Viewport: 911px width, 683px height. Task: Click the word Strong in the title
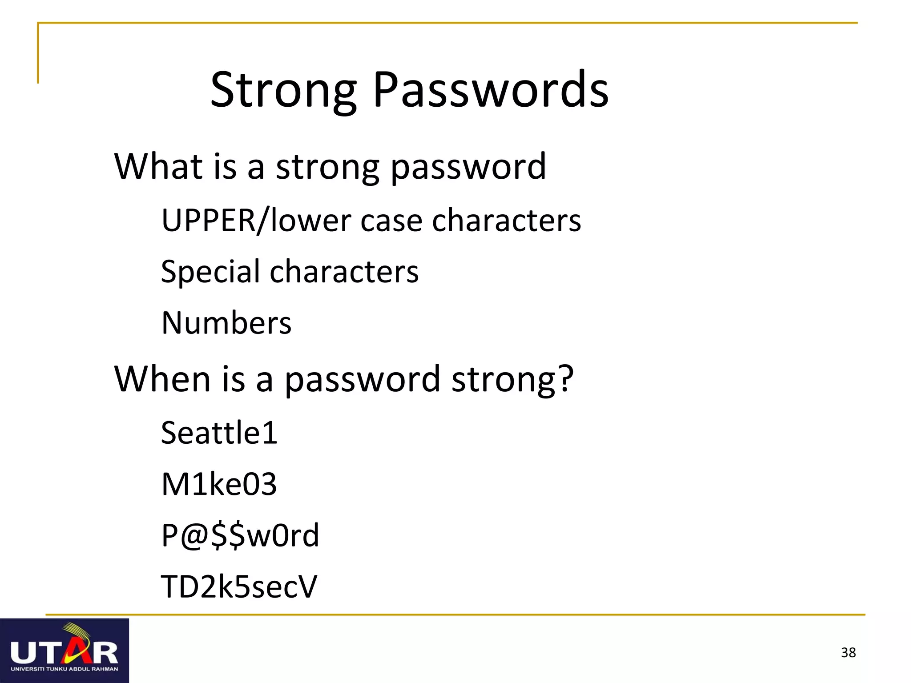coord(283,91)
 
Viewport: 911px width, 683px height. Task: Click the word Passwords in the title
coord(491,90)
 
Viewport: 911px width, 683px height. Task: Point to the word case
coord(391,221)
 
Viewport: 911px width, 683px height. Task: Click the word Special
coord(210,272)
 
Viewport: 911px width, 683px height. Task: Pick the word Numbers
coord(226,323)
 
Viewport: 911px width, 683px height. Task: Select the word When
coord(162,379)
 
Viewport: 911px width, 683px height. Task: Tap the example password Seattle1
coord(219,433)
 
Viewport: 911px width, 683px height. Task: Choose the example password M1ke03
coord(219,484)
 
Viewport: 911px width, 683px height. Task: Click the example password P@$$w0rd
coord(240,535)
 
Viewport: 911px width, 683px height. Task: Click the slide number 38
coord(848,652)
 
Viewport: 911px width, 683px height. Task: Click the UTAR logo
coord(64,650)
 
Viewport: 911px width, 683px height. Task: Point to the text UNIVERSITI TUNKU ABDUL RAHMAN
coord(64,669)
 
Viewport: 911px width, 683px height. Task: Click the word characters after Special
coord(344,272)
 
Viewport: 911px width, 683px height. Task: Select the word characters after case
coord(506,221)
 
